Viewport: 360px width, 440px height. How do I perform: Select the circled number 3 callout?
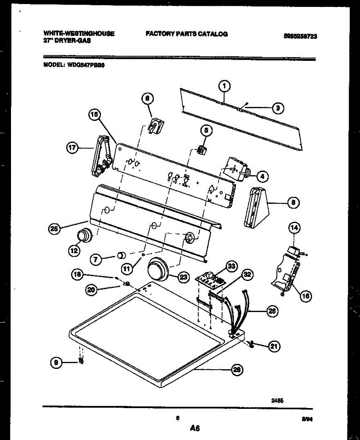(x=277, y=108)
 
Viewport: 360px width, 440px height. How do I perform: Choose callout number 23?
(x=183, y=277)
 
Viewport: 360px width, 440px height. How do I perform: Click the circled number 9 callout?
(x=56, y=363)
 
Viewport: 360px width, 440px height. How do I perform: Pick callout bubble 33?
(x=231, y=267)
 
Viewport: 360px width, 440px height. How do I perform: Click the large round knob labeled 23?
(x=158, y=271)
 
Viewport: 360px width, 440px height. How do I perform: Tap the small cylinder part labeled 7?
(x=121, y=255)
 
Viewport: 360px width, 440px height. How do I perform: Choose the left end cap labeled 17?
(x=100, y=156)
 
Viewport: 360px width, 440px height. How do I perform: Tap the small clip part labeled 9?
(x=81, y=362)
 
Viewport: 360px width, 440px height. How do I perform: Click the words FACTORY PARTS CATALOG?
(x=187, y=34)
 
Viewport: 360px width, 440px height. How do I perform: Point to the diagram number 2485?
(x=277, y=401)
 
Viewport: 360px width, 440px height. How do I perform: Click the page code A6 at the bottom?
(x=194, y=428)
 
